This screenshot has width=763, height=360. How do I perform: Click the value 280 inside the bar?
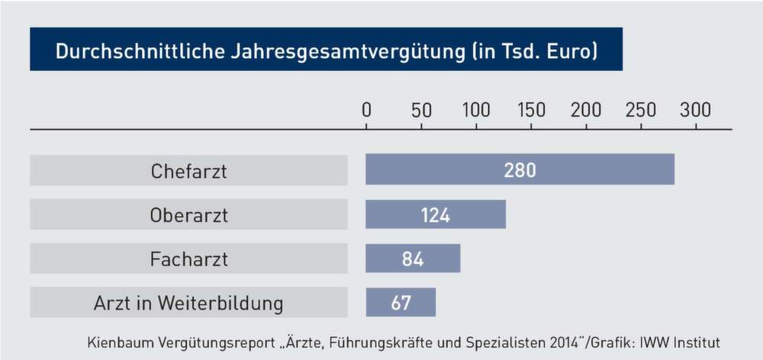tap(520, 170)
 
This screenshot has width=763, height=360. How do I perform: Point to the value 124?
tap(435, 215)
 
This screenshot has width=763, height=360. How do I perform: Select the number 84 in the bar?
tap(412, 259)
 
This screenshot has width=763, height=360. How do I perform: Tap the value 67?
tap(401, 303)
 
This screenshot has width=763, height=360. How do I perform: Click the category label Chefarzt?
tap(188, 171)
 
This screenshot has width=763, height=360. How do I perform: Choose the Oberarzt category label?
tap(188, 215)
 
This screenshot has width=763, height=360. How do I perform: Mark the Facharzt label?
tap(188, 259)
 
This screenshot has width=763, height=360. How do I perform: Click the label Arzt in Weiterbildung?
tap(188, 304)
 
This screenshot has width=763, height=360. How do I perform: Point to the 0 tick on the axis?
tap(366, 110)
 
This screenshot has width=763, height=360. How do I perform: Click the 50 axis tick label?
tap(421, 110)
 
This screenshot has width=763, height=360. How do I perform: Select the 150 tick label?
tap(531, 110)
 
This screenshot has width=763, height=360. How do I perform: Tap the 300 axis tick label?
tap(695, 110)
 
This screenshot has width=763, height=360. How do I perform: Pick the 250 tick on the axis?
tap(641, 110)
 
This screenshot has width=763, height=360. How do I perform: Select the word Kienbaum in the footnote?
tap(119, 342)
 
